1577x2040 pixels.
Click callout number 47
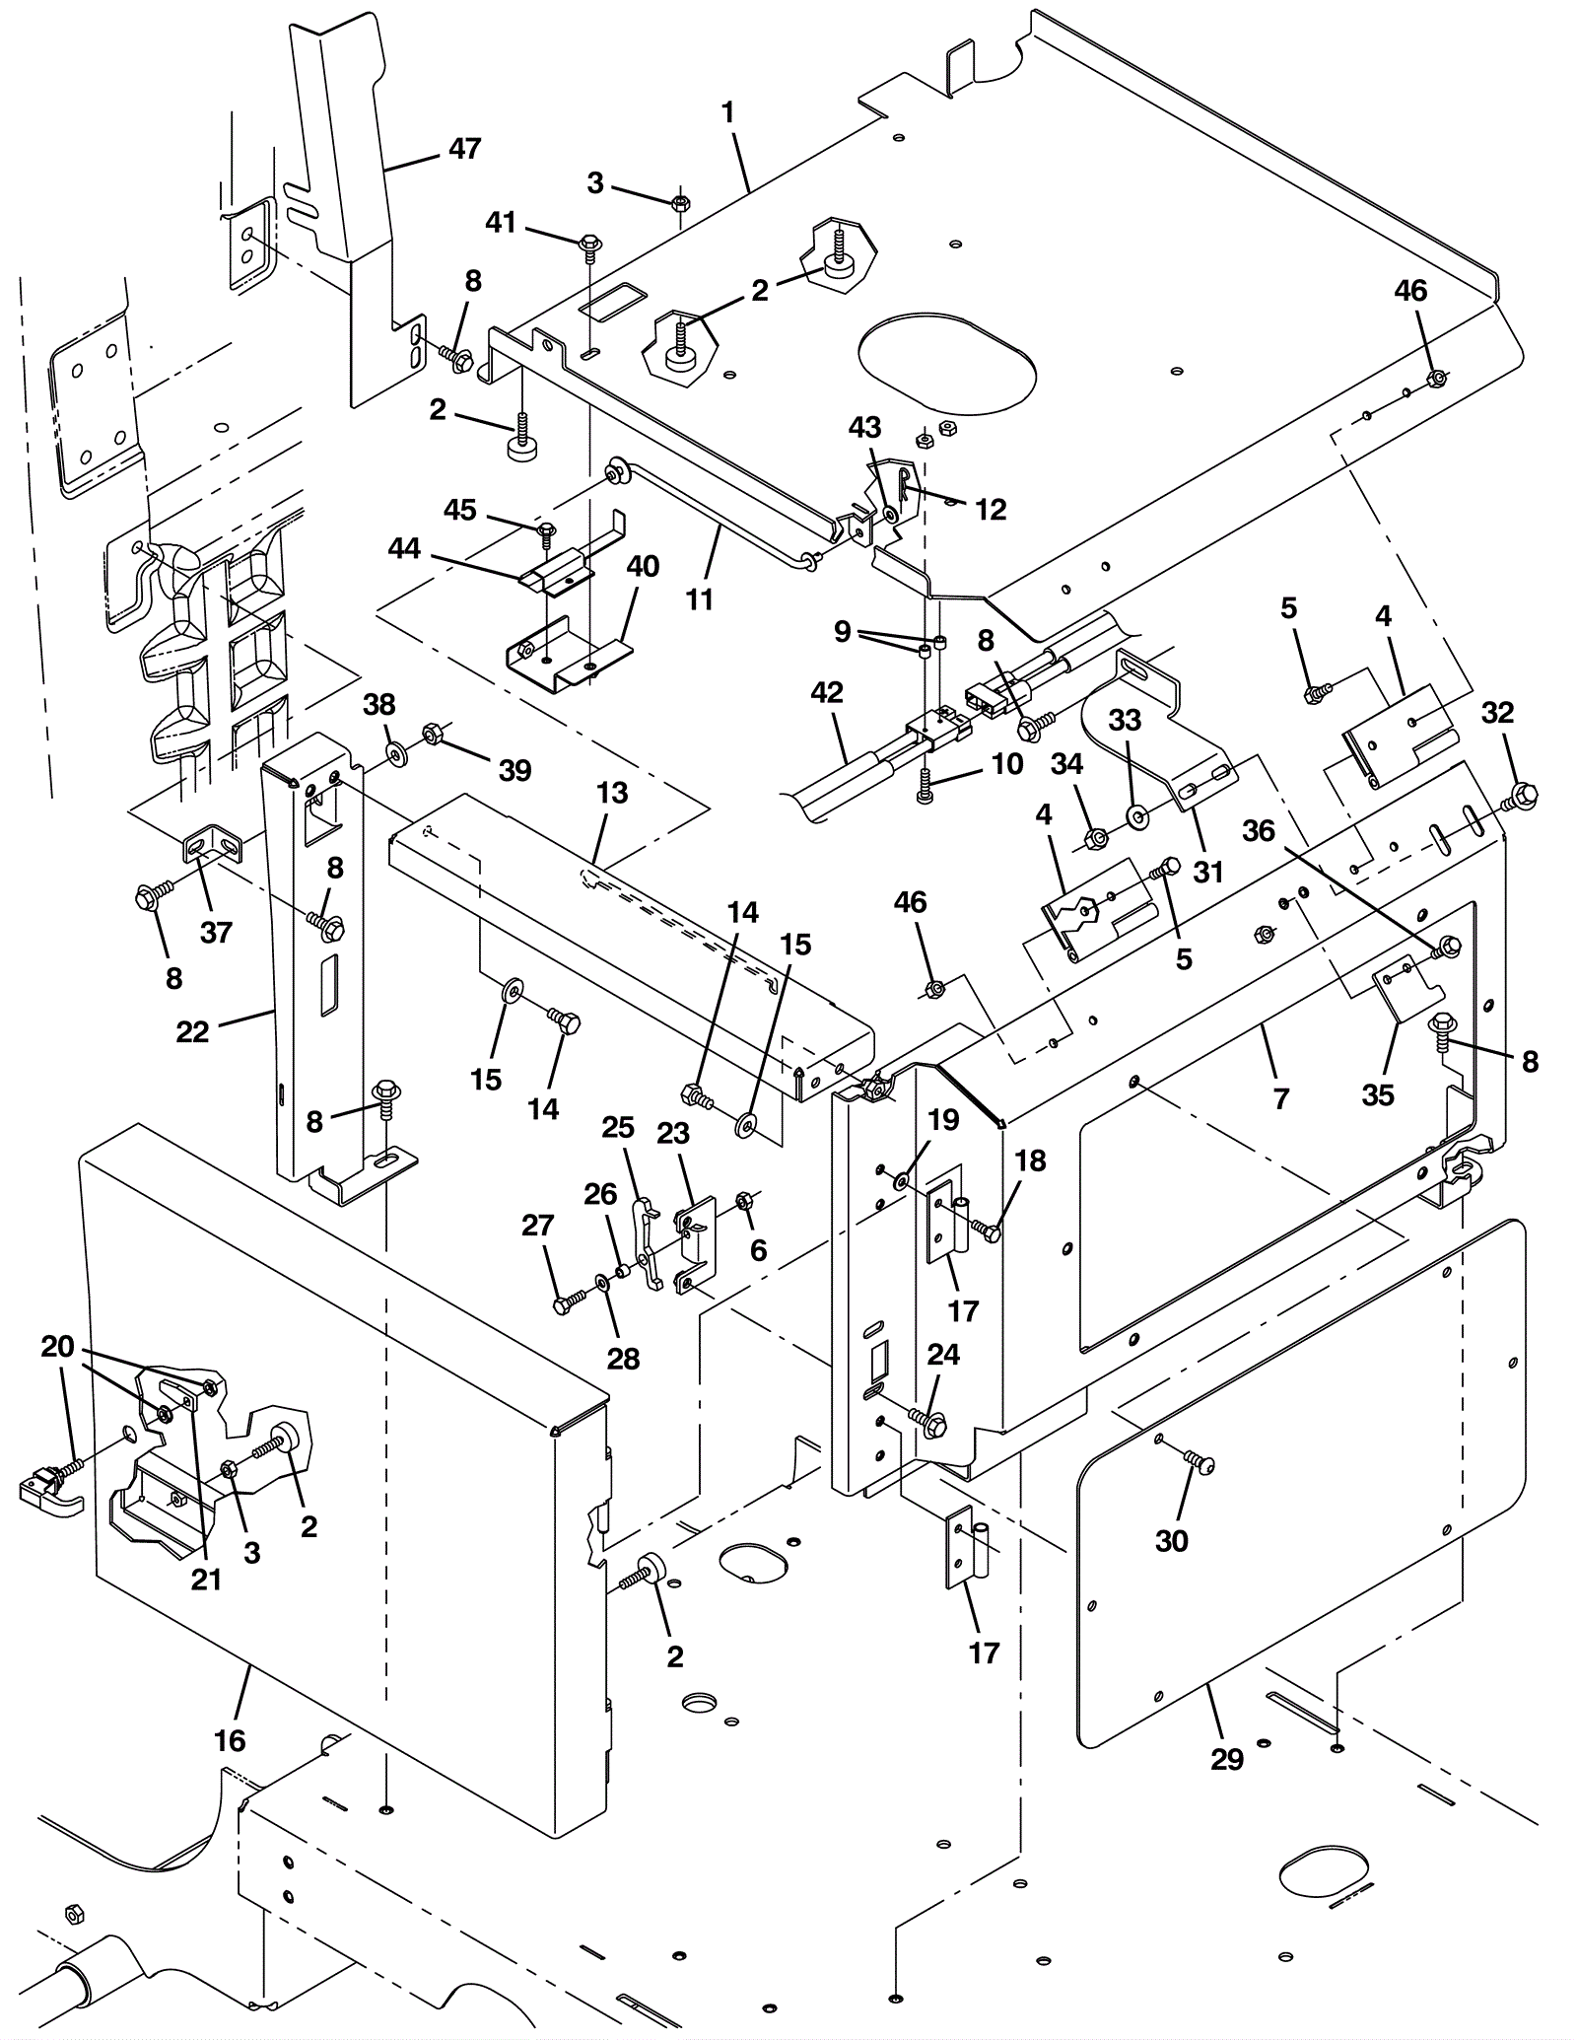464,148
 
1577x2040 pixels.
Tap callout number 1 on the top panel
728,113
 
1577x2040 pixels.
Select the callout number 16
230,1740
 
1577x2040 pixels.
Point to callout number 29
1227,1759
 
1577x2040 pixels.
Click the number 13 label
612,793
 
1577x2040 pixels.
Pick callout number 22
193,1031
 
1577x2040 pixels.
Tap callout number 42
827,692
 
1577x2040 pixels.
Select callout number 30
1172,1540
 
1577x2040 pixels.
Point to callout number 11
699,598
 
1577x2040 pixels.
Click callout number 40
644,567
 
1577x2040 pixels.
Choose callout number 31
1208,872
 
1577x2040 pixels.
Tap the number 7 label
1281,1098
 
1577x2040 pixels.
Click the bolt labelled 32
1522,794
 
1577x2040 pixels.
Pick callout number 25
619,1127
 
